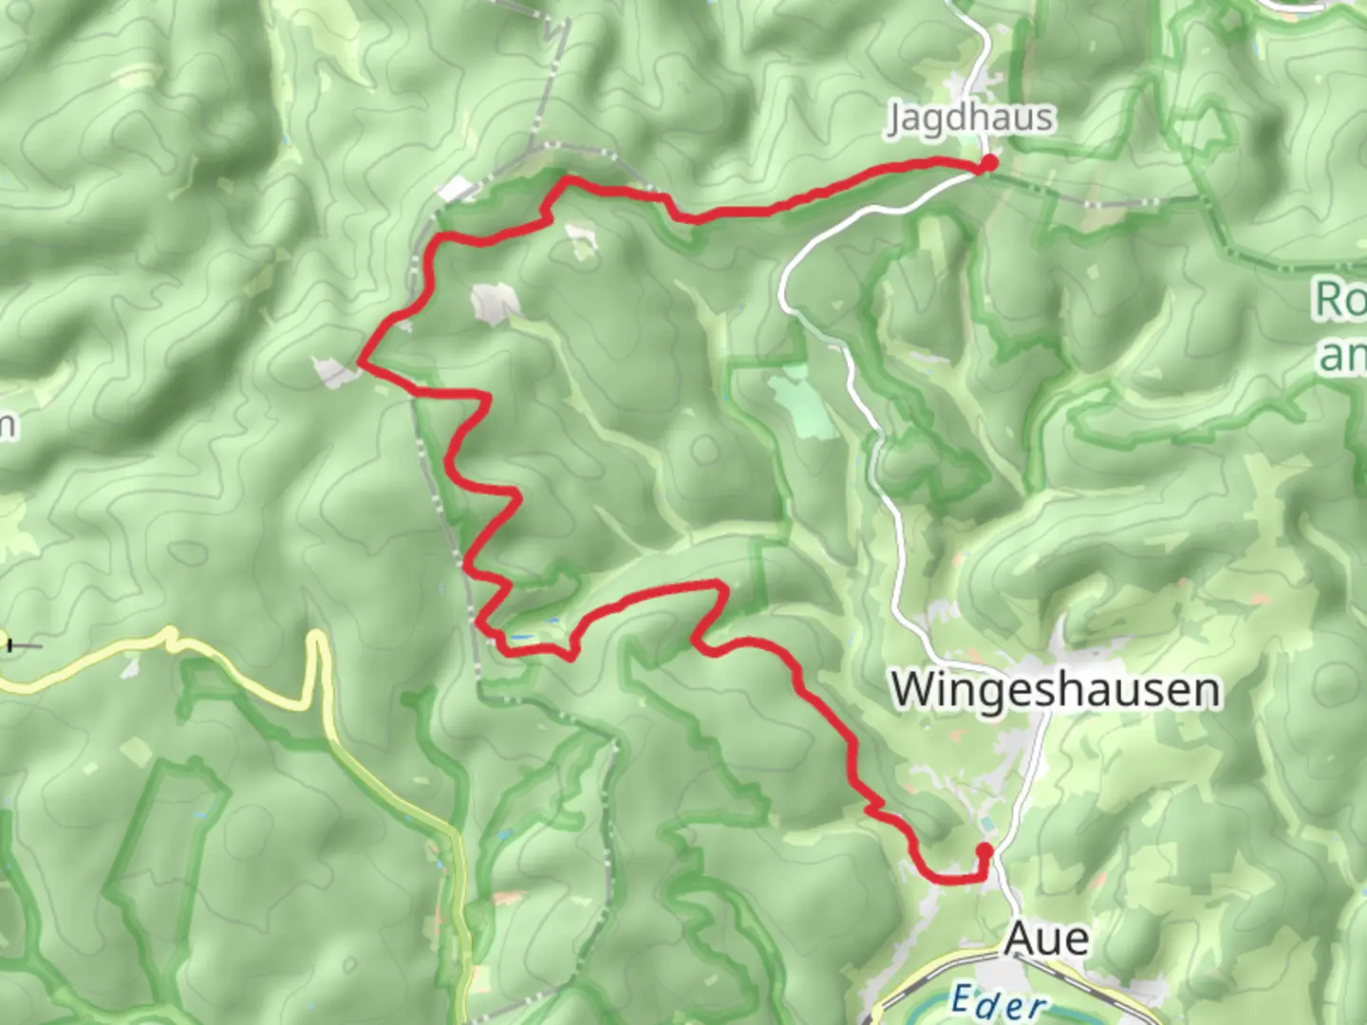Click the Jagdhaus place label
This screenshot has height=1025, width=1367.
click(970, 119)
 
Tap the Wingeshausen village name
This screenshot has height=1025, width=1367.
click(1056, 690)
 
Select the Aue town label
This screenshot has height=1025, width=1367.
click(1046, 939)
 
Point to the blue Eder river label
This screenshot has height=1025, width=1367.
click(998, 1001)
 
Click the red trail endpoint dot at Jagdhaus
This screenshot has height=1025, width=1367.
click(989, 163)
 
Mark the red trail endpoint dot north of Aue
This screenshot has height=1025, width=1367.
click(984, 850)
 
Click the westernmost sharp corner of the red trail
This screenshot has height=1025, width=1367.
click(360, 362)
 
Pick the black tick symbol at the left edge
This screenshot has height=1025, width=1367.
click(10, 645)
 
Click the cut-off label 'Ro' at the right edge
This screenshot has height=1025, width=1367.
click(1340, 301)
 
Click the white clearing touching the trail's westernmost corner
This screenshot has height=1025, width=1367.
click(334, 372)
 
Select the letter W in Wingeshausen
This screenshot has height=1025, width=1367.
click(914, 690)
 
